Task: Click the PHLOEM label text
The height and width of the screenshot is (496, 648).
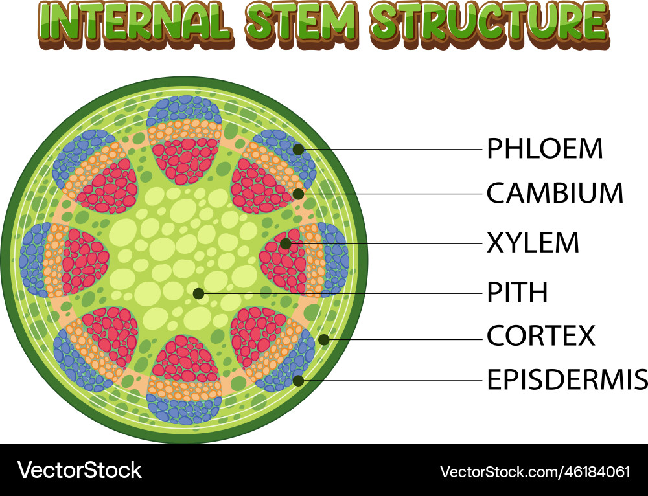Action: coord(544,149)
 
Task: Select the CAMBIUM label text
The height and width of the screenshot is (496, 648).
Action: coord(555,193)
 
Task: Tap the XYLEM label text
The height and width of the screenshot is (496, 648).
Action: coord(533,243)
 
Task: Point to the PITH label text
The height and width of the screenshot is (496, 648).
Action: coord(517,293)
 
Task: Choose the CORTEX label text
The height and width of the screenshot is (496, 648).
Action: coord(540,336)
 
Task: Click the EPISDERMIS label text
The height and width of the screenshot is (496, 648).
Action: coord(566,380)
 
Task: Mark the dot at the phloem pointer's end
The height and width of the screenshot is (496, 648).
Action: coord(298,150)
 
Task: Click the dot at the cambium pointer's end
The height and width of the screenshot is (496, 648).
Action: coord(298,194)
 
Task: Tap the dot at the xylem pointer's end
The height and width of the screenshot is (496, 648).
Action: coord(286,243)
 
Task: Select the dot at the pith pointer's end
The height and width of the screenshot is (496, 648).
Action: coord(199,293)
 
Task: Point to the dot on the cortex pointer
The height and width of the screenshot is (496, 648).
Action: coord(324,339)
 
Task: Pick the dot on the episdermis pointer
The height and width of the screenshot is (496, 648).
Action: coord(298,381)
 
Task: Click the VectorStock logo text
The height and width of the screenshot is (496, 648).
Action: coord(80,470)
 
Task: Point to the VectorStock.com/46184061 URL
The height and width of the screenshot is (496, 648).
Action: coord(535,471)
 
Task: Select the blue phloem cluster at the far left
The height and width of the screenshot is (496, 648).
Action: coord(32,259)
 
